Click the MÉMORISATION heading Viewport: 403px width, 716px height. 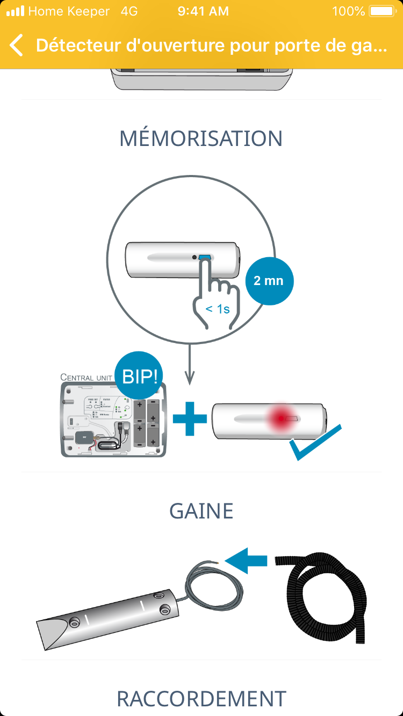(201, 138)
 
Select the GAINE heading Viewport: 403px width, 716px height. (201, 511)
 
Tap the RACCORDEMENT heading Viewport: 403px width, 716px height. (201, 699)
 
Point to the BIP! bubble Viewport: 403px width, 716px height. (140, 376)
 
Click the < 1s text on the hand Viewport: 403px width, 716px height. (218, 309)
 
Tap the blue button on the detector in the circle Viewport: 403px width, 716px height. (205, 258)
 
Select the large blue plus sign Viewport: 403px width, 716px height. (190, 417)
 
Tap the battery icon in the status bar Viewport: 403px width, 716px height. (382, 11)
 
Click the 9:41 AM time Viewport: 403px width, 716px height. (203, 11)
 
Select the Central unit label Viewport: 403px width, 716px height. (87, 377)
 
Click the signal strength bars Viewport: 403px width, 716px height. (15, 11)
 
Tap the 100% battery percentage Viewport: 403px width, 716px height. (349, 11)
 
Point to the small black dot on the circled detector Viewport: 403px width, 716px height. (194, 258)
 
